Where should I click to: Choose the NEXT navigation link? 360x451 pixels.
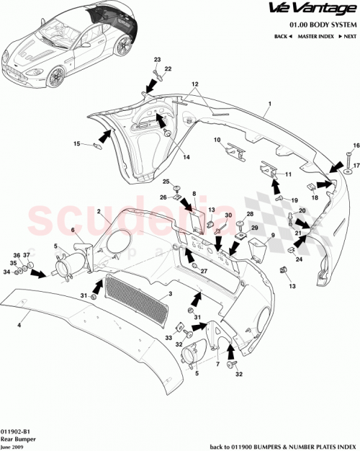point(348,36)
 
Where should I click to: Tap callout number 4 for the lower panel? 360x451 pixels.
point(19,326)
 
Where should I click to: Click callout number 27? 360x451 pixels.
point(204,271)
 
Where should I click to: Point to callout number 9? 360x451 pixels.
point(274,235)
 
